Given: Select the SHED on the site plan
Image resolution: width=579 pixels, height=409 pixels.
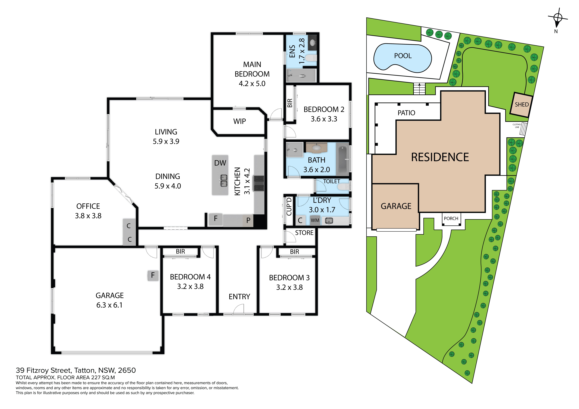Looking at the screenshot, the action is point(521,105).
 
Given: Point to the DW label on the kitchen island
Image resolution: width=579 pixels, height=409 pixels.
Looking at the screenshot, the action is point(220,163).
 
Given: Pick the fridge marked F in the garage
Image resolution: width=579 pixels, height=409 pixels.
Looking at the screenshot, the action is point(153,275).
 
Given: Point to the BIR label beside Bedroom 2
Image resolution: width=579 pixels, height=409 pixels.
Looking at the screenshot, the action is point(290,103).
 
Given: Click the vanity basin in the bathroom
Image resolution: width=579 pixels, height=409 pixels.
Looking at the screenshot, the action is point(317,148).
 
